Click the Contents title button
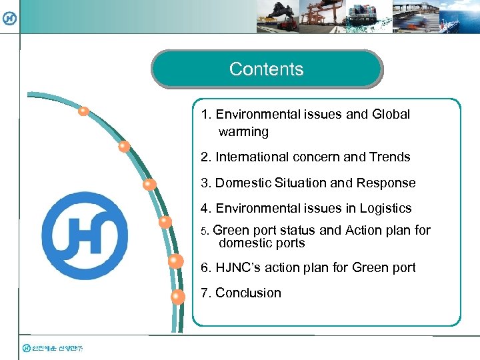pos(267,69)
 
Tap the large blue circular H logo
pos(85,236)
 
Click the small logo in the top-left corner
pos(9,19)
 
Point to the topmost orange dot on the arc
pos(83,112)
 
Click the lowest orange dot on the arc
pos(178,297)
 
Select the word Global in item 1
pos(391,115)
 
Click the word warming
pos(243,132)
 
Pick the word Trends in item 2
pos(390,157)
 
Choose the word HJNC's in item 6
pos(239,268)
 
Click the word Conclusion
pos(248,293)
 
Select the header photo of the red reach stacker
pos(277,16)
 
